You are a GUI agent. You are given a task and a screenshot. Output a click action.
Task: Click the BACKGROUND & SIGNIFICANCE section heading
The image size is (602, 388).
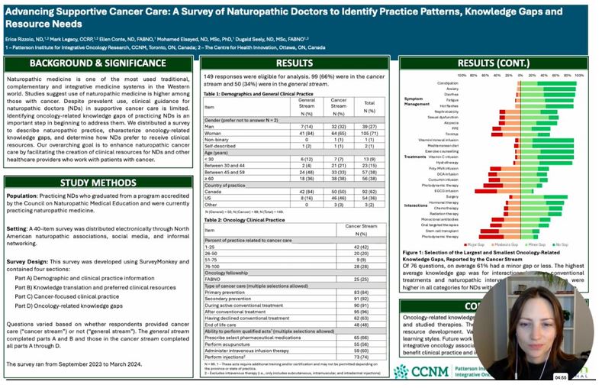[x=98, y=64]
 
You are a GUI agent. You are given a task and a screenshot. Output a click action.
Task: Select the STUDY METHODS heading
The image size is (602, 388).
[x=98, y=183]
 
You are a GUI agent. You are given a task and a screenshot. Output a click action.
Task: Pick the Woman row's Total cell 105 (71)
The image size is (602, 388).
[x=371, y=133]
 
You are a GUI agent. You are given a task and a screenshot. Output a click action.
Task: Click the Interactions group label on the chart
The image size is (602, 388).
[x=417, y=205]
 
